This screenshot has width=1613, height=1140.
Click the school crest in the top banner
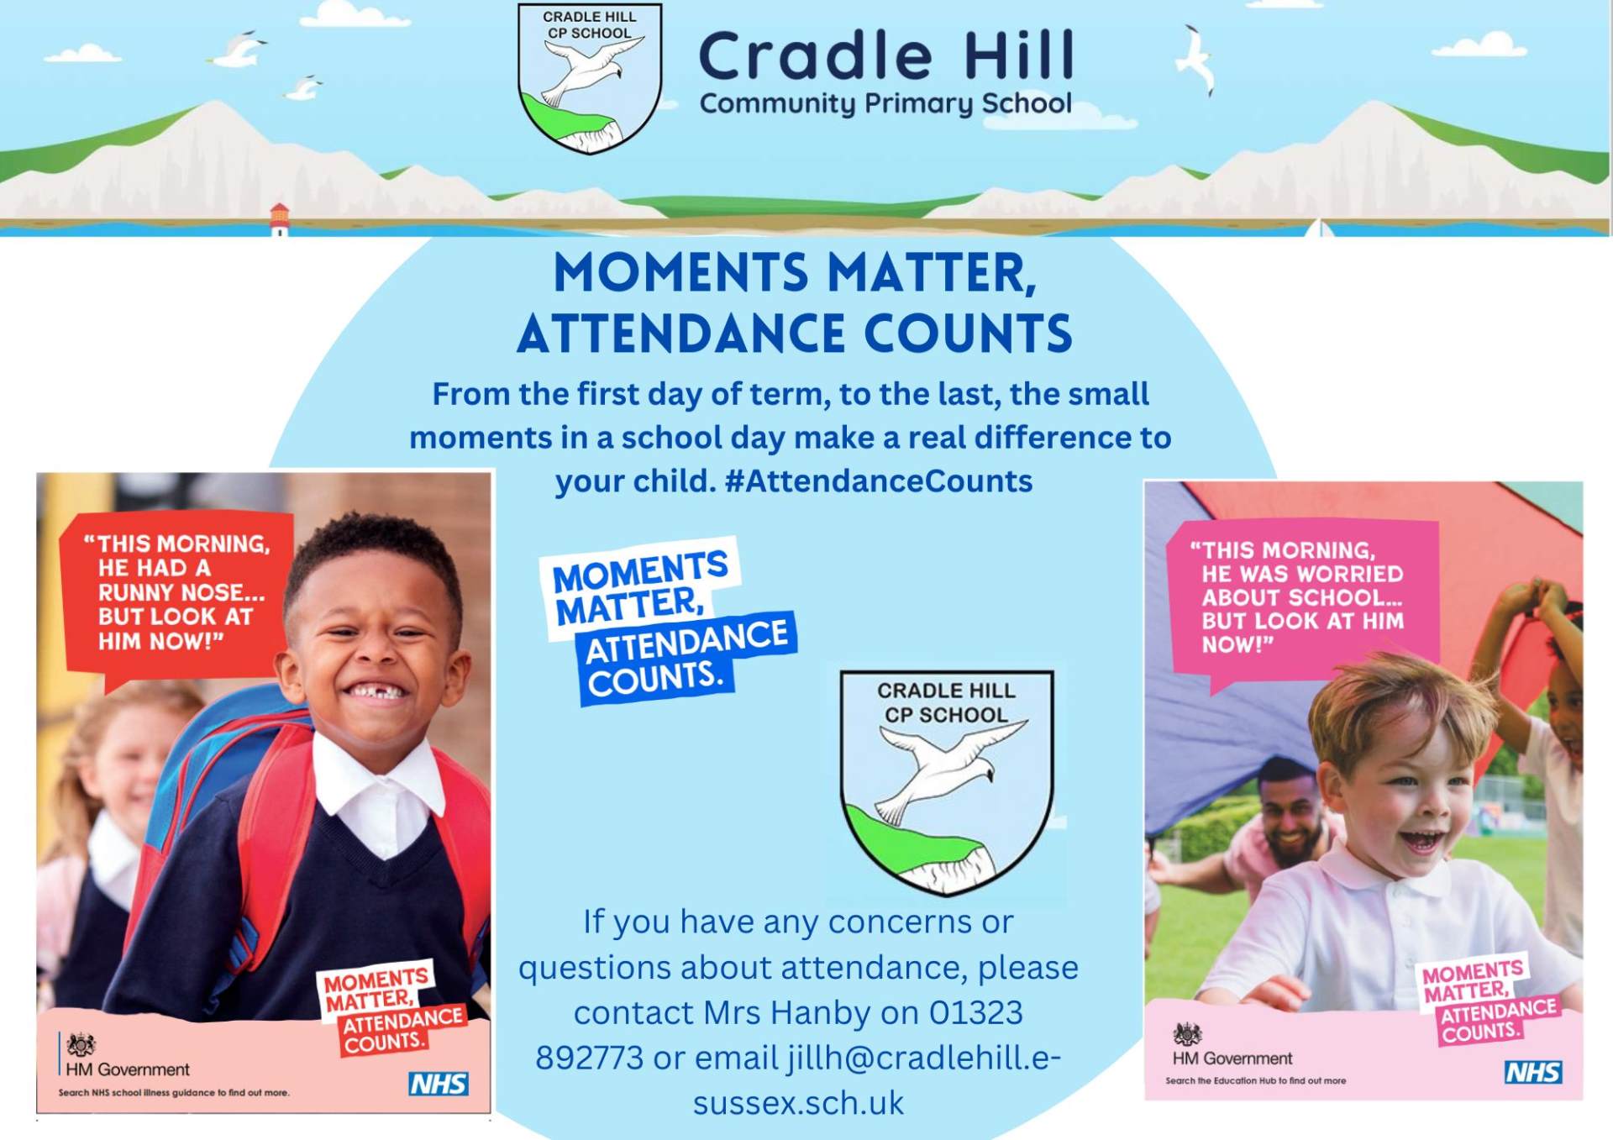click(590, 78)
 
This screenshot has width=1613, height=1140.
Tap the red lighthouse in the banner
click(279, 218)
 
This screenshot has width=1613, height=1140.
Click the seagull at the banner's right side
click(1197, 59)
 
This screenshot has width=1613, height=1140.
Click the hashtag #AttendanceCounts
click(878, 481)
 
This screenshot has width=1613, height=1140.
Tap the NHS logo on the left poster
click(439, 1084)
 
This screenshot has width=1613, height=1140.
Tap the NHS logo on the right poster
click(1533, 1072)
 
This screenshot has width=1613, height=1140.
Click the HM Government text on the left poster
click(128, 1069)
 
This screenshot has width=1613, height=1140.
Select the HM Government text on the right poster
click(1232, 1059)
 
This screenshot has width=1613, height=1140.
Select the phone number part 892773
click(590, 1058)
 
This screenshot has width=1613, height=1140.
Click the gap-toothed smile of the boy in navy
click(375, 691)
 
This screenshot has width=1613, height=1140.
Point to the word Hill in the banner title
click(1019, 55)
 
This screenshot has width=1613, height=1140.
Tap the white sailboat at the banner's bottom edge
click(1319, 228)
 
